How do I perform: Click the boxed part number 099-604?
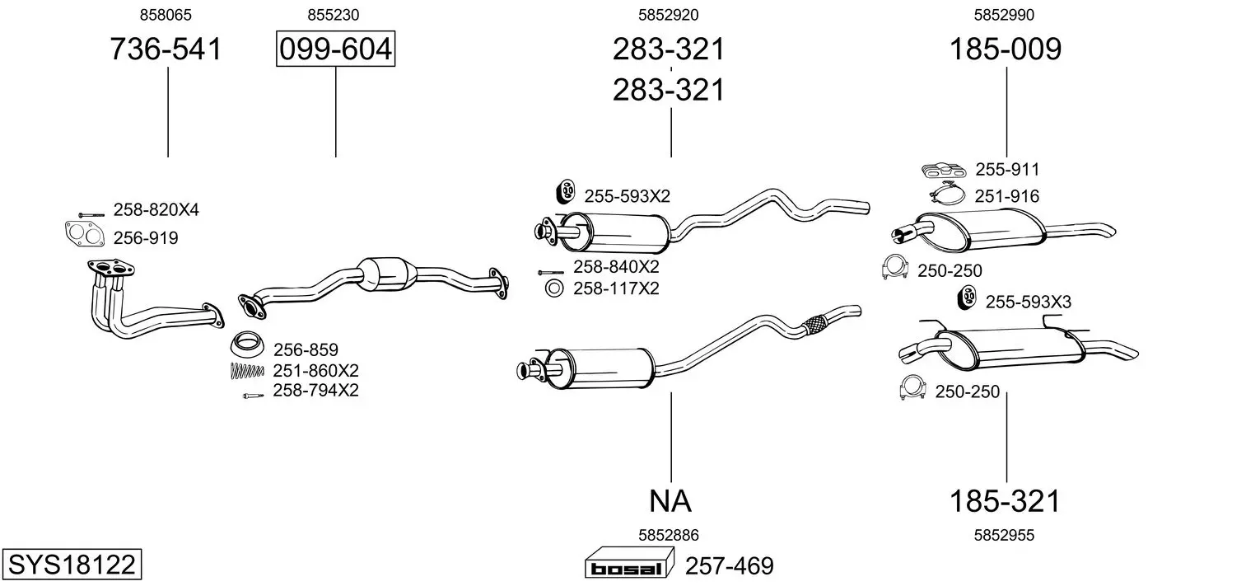[x=335, y=49]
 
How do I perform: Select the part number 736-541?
[x=166, y=49]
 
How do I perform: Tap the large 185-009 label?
[x=1006, y=49]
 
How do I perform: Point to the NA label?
[x=670, y=500]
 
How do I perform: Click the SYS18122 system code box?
[x=72, y=564]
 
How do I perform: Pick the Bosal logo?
[x=629, y=564]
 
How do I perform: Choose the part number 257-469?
[x=730, y=565]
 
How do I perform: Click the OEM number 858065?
[x=166, y=15]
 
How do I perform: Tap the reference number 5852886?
[x=668, y=535]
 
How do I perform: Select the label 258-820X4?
[x=156, y=209]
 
